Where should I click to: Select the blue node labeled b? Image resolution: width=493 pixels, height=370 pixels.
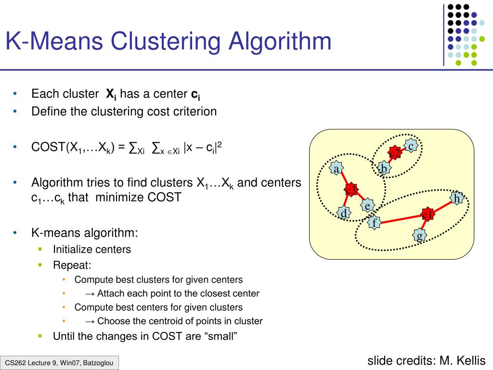point(384,168)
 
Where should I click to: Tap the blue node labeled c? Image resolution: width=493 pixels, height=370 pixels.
point(411,145)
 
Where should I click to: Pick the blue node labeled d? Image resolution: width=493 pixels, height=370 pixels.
point(343,213)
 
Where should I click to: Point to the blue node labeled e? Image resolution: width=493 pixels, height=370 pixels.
point(367,206)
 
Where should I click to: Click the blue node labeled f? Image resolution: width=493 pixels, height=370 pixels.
point(374,223)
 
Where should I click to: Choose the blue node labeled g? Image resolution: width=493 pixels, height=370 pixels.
point(419,235)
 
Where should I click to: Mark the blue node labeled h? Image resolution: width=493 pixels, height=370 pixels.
point(456,198)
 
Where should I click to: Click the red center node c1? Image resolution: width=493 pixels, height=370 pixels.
point(427,214)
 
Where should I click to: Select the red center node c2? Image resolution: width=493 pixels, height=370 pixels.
point(395,153)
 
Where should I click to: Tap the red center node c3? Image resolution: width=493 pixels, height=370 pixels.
point(351,190)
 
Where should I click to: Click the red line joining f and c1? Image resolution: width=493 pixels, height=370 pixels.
point(400,219)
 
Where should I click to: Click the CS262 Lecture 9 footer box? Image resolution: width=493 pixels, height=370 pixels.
point(59,363)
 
